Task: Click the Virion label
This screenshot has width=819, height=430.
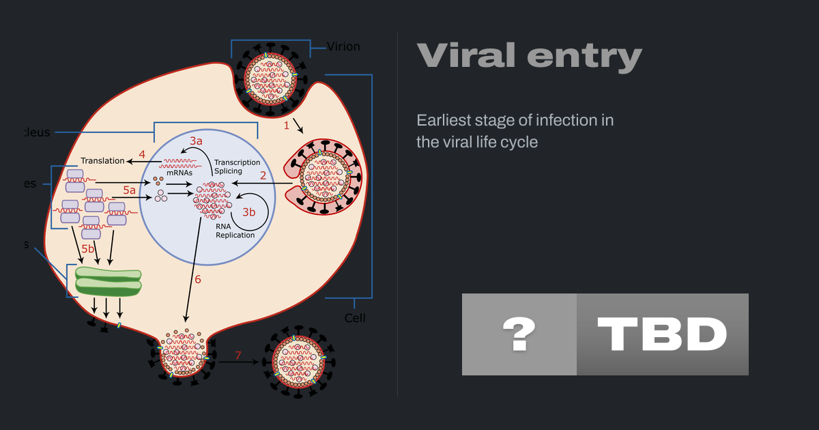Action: [343, 47]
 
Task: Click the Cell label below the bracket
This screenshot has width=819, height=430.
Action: [355, 318]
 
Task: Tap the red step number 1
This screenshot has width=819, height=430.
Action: [287, 126]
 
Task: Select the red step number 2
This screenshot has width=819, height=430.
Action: [262, 175]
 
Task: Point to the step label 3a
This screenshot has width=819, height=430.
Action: [197, 141]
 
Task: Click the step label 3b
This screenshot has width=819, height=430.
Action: [249, 212]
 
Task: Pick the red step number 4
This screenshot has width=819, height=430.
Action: [142, 154]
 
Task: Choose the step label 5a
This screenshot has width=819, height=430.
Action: [129, 190]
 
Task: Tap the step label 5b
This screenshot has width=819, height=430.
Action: [88, 250]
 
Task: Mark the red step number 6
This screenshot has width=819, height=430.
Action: [198, 279]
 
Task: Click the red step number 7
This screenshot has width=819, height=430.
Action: [238, 355]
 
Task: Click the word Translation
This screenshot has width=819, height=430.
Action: [102, 161]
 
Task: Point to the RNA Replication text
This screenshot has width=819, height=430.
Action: [235, 231]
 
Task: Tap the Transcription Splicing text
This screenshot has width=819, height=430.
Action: [237, 167]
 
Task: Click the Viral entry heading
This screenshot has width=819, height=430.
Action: [529, 56]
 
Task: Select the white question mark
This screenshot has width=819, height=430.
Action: [519, 334]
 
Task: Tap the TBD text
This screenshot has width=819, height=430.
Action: [662, 334]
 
